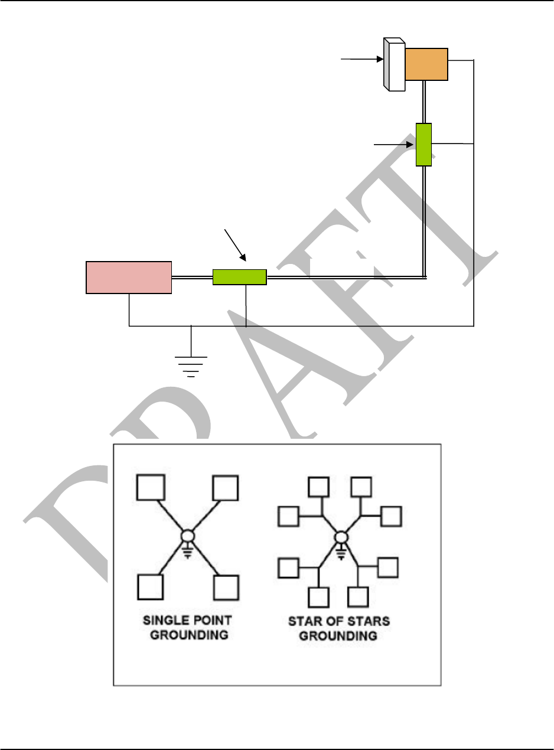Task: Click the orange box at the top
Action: [x=426, y=64]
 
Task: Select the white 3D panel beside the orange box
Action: [x=394, y=65]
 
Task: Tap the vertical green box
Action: [x=423, y=144]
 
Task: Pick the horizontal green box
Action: [x=239, y=277]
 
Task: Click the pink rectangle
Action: [x=129, y=277]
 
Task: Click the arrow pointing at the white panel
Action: [x=361, y=59]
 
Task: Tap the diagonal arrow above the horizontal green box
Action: [x=235, y=244]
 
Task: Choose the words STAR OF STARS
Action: [x=339, y=622]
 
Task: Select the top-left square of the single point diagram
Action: [x=149, y=488]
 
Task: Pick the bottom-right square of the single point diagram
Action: [x=226, y=586]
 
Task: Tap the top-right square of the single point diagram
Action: [x=226, y=488]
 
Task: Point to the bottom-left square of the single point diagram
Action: [x=149, y=586]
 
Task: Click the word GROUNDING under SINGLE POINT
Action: [x=187, y=637]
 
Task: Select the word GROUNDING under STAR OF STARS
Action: [x=339, y=637]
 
